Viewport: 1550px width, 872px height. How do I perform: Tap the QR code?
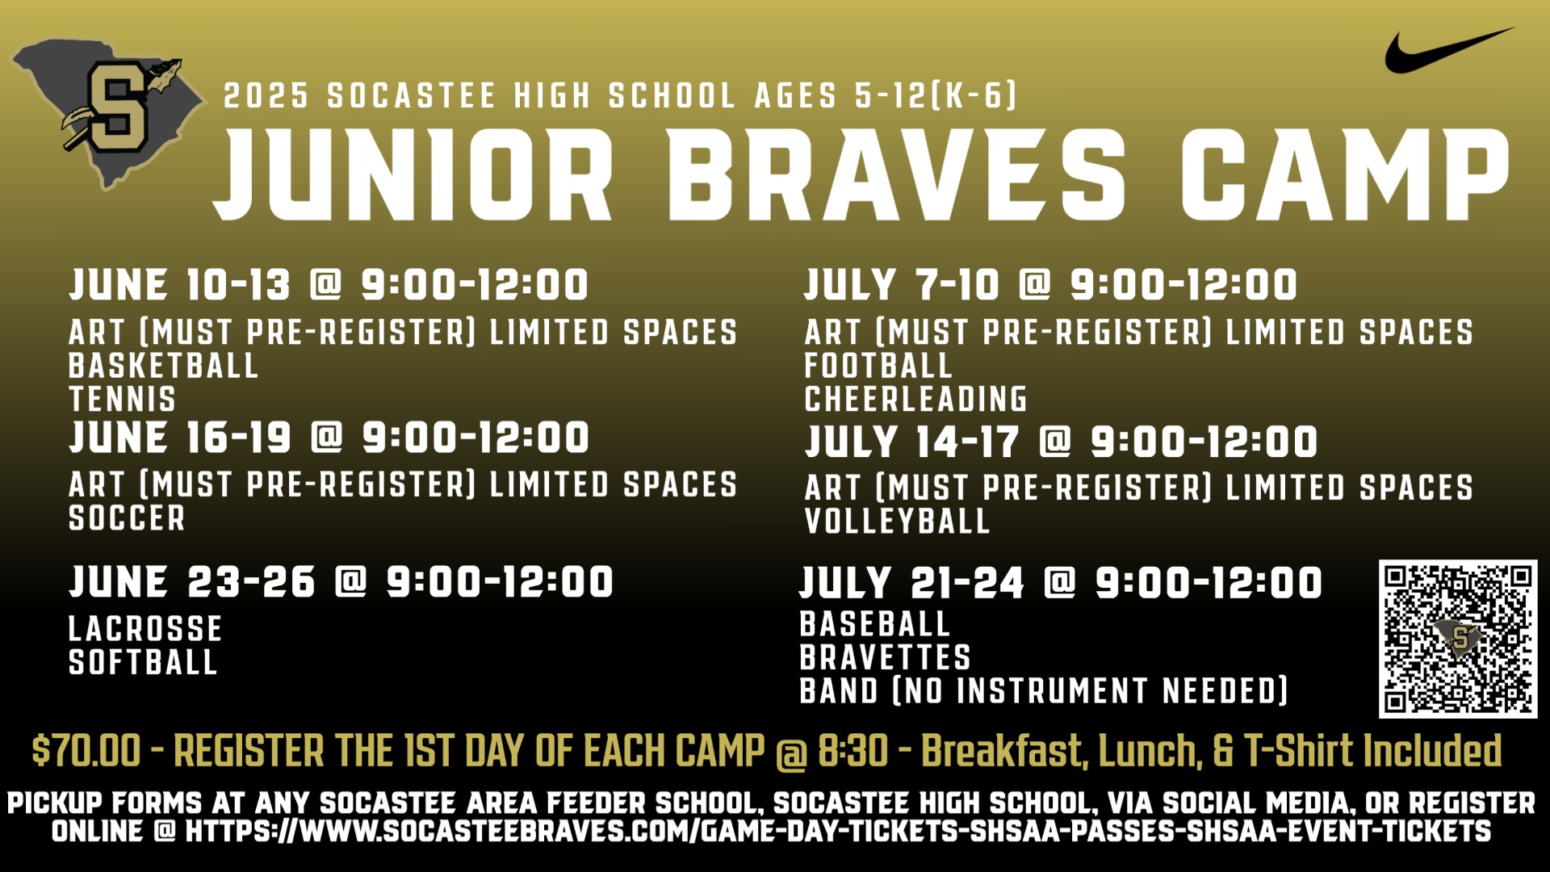(1458, 639)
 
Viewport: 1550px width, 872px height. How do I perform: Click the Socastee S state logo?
(109, 113)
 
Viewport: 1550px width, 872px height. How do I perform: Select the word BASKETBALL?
(163, 366)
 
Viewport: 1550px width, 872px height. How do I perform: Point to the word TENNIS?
(122, 400)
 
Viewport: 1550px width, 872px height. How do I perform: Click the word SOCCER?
(127, 518)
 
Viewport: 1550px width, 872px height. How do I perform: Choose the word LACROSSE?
(145, 629)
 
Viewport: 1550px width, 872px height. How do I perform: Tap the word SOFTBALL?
(143, 662)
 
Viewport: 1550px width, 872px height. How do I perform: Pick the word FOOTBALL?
(878, 366)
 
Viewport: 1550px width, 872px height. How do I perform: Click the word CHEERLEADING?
(915, 399)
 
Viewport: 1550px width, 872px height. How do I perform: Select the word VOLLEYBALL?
(897, 521)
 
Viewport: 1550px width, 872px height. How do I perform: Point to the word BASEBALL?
(874, 624)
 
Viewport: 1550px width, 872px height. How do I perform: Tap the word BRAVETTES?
(885, 657)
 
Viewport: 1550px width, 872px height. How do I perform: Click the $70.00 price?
(86, 750)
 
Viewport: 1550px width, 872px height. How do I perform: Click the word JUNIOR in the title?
(413, 174)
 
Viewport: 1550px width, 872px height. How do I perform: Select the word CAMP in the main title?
(1344, 174)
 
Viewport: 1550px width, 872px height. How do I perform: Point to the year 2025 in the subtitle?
(266, 96)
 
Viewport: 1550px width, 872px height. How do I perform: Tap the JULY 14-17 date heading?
(912, 442)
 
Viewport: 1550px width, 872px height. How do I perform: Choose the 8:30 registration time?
(853, 750)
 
